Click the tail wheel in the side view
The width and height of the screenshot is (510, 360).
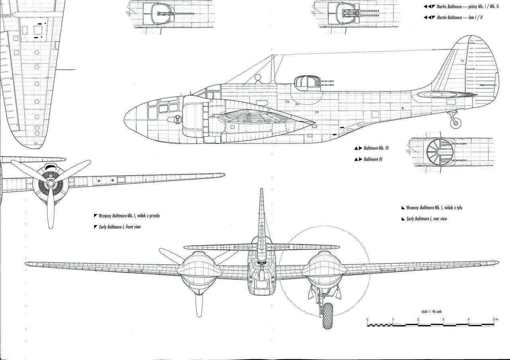[455, 123]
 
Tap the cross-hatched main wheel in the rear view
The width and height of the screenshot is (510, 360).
[328, 316]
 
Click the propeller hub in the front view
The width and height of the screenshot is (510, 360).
[51, 183]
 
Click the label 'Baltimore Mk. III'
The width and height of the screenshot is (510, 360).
[376, 148]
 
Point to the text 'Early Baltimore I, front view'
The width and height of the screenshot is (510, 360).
[120, 227]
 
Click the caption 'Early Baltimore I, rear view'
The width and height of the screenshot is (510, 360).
[427, 219]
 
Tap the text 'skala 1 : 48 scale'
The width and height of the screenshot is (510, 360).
[431, 311]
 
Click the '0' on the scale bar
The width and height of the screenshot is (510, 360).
[367, 319]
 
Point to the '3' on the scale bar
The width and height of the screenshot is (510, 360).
[443, 319]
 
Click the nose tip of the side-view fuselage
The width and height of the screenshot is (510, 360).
[124, 119]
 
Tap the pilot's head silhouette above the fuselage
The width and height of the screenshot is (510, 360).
[257, 77]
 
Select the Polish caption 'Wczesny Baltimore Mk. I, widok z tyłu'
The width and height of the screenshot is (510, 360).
[434, 207]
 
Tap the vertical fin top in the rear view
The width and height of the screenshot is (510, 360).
[261, 189]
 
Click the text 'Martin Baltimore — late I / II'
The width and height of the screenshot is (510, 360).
[459, 18]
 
